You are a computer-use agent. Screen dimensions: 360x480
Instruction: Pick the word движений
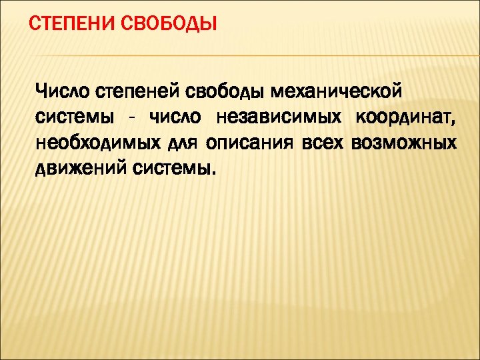79,169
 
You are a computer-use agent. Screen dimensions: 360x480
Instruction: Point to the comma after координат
455,123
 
